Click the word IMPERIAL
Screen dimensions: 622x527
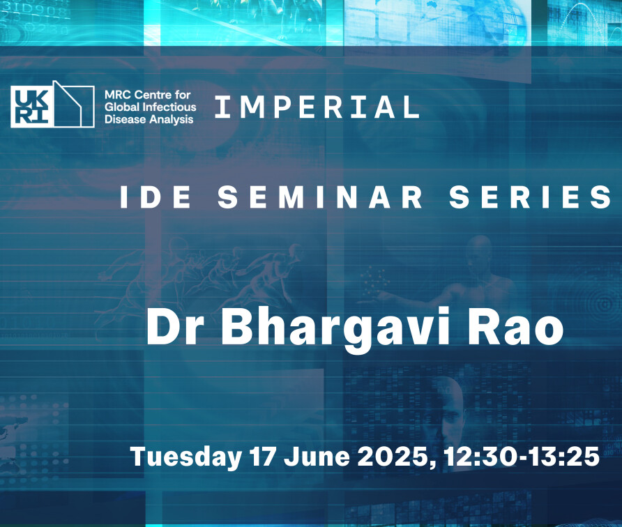pos(317,107)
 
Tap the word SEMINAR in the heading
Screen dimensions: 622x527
pos(320,197)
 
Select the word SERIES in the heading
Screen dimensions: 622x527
pos(531,197)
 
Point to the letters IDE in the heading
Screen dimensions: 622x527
pos(155,197)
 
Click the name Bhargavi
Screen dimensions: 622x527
pos(335,329)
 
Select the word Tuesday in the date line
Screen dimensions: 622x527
pos(186,457)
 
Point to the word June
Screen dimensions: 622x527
pos(317,457)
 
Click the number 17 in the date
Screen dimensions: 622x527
pos(262,457)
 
